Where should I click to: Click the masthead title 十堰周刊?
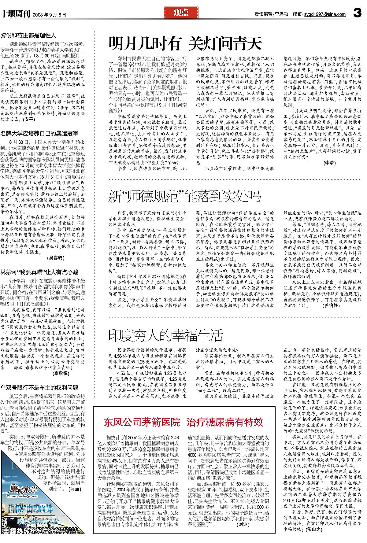coord(15,14)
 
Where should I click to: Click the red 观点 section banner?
coord(181,13)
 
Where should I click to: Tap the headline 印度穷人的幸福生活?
coord(165,335)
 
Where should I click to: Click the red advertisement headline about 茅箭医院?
coord(183,422)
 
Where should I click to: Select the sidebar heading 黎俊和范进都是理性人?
coord(28,35)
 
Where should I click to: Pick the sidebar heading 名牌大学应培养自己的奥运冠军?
coord(39,133)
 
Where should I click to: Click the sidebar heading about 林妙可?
coord(39,272)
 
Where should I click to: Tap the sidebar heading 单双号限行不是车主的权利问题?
coord(39,388)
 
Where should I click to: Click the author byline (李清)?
coord(329,163)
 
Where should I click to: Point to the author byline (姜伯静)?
coord(331,305)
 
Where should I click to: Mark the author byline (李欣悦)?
coord(61,373)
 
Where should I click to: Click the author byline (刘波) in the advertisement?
coord(243,524)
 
